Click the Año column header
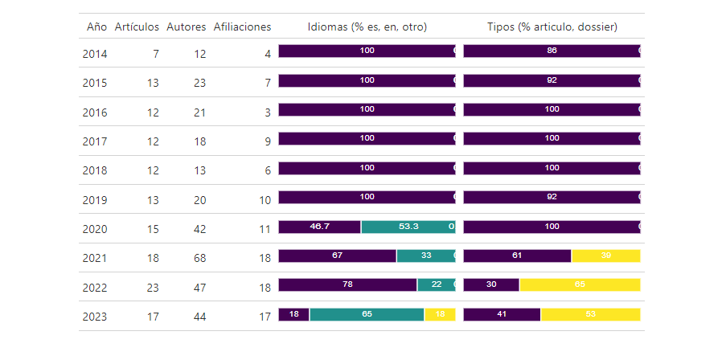pos(96,27)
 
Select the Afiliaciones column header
pos(242,27)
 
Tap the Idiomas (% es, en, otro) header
pos(367,27)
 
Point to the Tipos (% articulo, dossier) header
pos(552,27)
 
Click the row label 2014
pos(95,55)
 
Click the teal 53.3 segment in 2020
pos(408,227)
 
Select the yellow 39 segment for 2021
pos(605,256)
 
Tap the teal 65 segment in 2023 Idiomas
pos(367,314)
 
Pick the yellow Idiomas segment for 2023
pos(440,314)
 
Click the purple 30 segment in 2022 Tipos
pos(491,284)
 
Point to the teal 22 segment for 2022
pos(436,284)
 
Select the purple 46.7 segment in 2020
pos(319,227)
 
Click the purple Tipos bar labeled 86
pos(552,51)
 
